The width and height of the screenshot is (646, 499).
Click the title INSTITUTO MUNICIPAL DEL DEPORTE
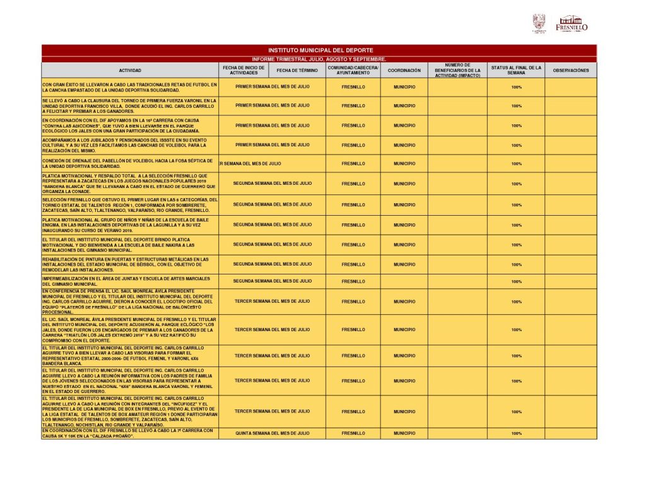point(320,50)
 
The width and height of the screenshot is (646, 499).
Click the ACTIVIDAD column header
point(130,71)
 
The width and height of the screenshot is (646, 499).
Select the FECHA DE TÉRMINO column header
point(297,71)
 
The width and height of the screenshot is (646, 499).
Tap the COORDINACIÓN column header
point(404,71)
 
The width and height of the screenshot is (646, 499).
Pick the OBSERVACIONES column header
point(570,71)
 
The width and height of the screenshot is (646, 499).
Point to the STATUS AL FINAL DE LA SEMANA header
point(516,70)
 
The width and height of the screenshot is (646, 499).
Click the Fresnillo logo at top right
point(572,23)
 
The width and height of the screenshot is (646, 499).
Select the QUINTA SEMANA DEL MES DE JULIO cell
point(273,433)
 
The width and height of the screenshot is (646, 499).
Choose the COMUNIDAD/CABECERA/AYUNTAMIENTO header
point(353,70)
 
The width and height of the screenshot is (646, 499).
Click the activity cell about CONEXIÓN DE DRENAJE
point(130,163)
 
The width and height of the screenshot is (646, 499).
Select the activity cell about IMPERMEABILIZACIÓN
point(130,281)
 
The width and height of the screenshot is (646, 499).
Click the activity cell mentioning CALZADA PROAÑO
point(130,433)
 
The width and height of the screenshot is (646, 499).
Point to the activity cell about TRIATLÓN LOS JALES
point(130,330)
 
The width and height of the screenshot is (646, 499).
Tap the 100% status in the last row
point(516,434)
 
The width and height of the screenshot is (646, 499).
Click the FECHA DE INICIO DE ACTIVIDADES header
point(244,70)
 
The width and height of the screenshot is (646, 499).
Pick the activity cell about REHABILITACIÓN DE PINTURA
point(130,264)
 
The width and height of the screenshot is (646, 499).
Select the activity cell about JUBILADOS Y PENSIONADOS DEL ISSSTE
point(130,145)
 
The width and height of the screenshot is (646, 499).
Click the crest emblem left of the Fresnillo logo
point(539,23)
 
